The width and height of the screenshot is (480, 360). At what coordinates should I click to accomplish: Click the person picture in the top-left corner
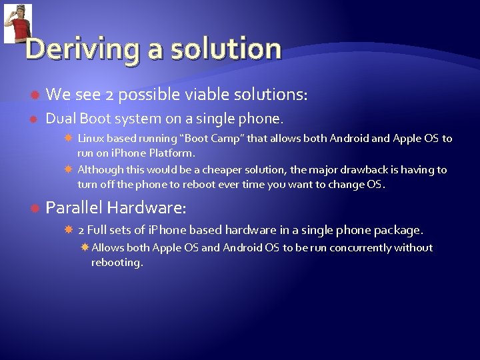point(18,23)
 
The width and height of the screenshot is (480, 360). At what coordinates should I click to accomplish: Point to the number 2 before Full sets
point(81,230)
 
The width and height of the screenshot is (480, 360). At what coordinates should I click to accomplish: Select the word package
point(398,230)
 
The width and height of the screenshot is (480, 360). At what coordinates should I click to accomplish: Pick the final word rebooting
point(117,263)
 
